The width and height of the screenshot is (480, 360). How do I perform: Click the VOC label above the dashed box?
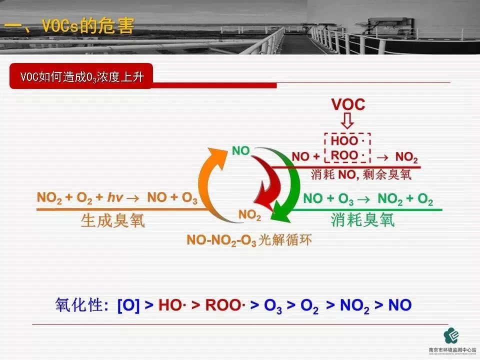[x=348, y=105]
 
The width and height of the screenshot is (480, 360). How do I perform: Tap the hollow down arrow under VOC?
[x=348, y=121]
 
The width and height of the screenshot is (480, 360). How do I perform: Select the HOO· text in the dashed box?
[x=347, y=141]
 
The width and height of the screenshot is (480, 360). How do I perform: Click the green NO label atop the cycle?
[x=240, y=150]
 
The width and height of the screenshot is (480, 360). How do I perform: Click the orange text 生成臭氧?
[x=113, y=220]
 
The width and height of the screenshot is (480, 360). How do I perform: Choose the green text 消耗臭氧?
[x=362, y=220]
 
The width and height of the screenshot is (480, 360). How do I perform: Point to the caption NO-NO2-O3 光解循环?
[x=249, y=240]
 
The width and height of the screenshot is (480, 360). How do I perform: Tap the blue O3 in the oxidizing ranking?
[x=274, y=306]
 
